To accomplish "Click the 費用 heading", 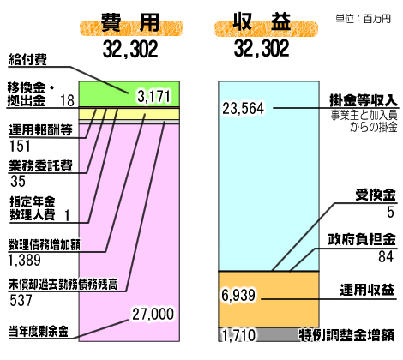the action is pos(130,22).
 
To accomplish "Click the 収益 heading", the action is pos(262,21).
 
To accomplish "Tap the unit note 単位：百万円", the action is pos(363,19).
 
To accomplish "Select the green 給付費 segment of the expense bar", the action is pos(129,94).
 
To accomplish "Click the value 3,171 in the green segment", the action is pos(153,96).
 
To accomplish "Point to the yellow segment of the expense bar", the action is pos(129,114).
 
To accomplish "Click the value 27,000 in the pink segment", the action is pos(153,314).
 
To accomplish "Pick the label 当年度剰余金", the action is pos(39,332).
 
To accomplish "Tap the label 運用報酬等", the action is pos(40,130).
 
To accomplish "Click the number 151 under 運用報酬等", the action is pos(20,146).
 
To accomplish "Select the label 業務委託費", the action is pos(40,165).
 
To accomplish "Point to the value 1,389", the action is pos(25,260).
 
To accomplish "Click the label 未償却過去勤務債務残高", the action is pos(63,285).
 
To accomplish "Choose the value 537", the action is pos(21,301).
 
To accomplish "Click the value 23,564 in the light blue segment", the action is pos(244,109).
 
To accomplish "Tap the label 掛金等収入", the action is pos(364,100).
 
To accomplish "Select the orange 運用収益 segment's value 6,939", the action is pos(238,295).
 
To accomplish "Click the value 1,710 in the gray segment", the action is pos(239,335).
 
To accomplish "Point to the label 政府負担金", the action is pos(362,239).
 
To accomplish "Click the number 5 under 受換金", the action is pos(390,212).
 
